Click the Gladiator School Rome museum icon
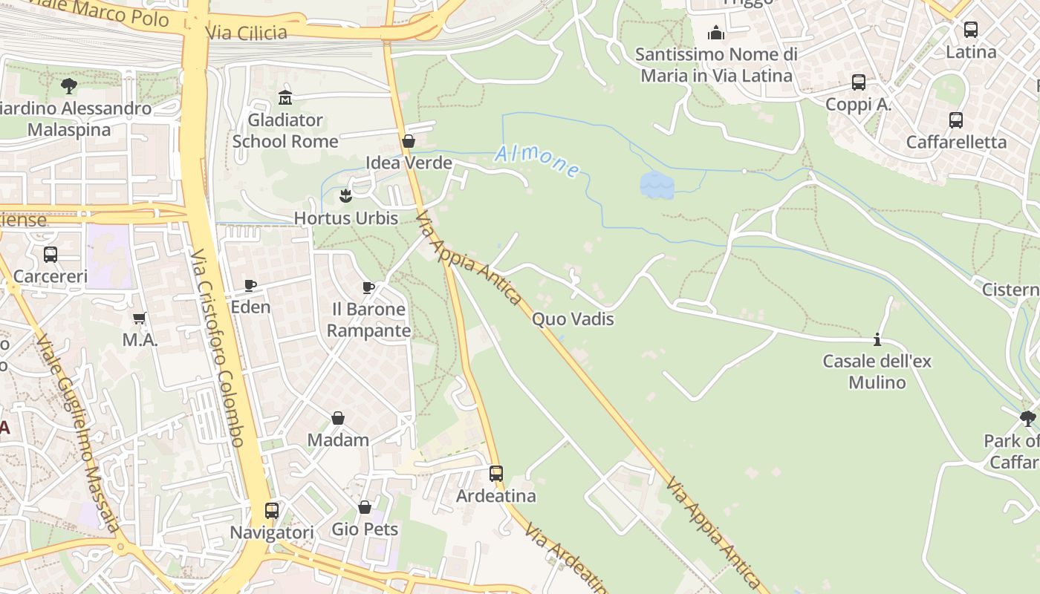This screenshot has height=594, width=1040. [x=285, y=97]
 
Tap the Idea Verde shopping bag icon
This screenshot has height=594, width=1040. [x=408, y=141]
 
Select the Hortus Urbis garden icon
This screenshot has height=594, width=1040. [x=345, y=196]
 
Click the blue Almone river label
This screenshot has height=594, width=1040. [x=537, y=161]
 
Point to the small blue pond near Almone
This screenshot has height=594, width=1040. [x=657, y=186]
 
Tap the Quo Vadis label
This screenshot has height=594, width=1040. [x=573, y=319]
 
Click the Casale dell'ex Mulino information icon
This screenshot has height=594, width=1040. [x=877, y=339]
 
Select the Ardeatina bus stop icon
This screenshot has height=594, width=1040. [x=495, y=473]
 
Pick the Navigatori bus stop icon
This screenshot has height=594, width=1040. [x=272, y=510]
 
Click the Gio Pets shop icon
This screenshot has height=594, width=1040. [x=365, y=507]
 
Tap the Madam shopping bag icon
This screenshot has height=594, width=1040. [x=338, y=418]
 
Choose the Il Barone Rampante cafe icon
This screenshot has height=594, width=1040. [x=368, y=287]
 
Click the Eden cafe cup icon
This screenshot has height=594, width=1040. [x=250, y=285]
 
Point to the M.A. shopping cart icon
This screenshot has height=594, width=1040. [x=139, y=319]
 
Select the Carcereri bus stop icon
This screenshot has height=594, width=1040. [x=51, y=254]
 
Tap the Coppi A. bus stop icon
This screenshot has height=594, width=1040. [x=859, y=82]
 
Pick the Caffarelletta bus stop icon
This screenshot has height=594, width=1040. [x=956, y=120]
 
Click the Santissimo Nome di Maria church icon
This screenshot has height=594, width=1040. [x=716, y=33]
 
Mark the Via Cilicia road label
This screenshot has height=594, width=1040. [x=247, y=33]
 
